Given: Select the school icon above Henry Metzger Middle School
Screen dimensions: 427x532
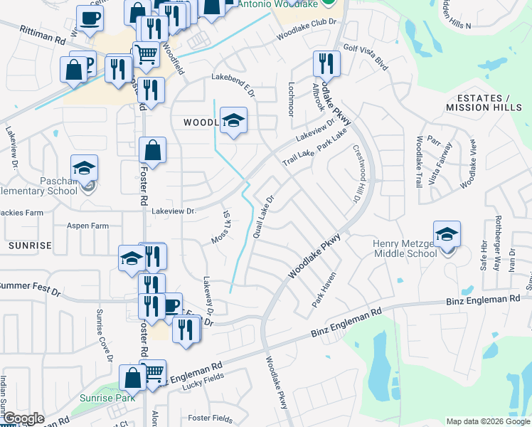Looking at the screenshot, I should (447, 234).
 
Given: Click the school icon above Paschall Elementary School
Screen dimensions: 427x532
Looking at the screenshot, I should (85, 169).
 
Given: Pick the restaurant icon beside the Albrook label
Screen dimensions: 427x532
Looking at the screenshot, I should (326, 64).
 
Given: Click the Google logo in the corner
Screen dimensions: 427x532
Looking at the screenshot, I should (23, 418).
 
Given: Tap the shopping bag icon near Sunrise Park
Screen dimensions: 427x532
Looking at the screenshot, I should (133, 378).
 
